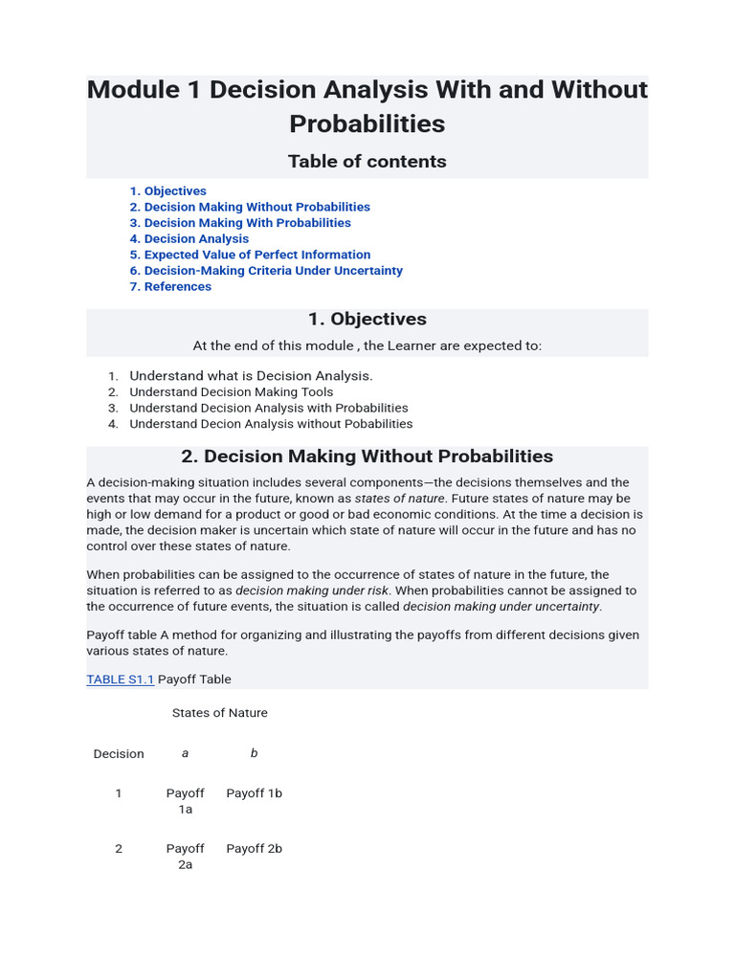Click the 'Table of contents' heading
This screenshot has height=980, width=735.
(367, 162)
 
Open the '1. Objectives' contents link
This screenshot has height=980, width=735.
(168, 191)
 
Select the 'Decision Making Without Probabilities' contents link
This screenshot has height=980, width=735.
(250, 207)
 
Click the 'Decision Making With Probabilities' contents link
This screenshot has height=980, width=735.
(240, 223)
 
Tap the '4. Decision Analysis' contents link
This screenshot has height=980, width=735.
(189, 239)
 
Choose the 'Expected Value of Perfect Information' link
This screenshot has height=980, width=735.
(250, 255)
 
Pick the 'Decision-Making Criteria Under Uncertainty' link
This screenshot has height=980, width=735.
(266, 271)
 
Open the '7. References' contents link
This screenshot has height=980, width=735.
(170, 287)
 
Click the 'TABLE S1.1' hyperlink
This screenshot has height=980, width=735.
(120, 679)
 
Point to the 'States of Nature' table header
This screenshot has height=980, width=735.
(219, 713)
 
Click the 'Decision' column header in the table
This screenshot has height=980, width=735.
(119, 754)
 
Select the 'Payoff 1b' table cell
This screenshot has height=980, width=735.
(254, 793)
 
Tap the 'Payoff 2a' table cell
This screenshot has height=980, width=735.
(185, 857)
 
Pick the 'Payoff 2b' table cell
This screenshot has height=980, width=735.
(254, 849)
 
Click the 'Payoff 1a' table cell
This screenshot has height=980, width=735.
(185, 801)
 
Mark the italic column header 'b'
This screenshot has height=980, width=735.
(254, 753)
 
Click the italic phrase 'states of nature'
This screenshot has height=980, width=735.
(399, 499)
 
